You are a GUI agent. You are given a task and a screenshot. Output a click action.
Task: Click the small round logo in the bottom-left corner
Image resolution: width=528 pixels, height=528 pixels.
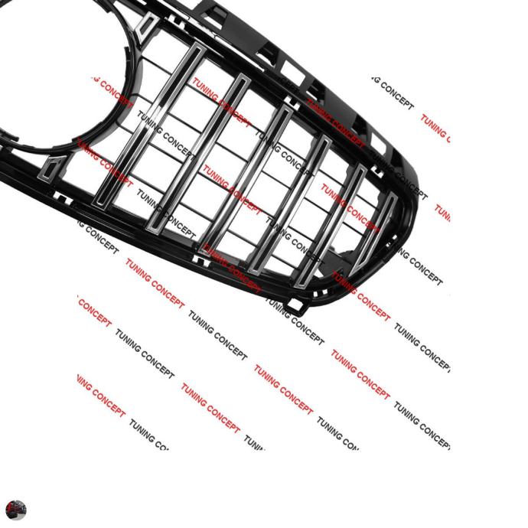click(15, 510)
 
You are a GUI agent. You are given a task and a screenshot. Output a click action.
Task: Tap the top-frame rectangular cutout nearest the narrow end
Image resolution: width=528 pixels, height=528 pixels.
click(380, 142)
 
